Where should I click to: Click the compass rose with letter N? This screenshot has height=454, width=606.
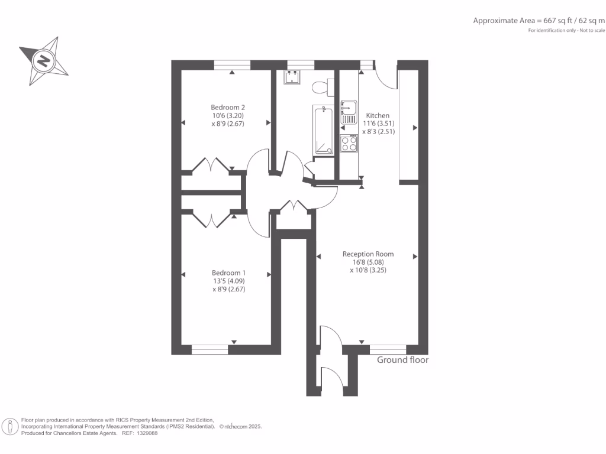tap(43, 60)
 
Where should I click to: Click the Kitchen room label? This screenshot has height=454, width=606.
tap(378, 115)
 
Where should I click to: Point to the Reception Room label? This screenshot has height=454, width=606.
tap(368, 254)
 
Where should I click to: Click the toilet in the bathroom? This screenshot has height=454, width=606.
tap(320, 87)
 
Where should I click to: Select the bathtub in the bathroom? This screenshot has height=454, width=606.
tap(323, 131)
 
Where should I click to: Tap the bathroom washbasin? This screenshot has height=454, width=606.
tap(292, 77)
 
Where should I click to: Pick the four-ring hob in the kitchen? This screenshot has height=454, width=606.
tap(349, 144)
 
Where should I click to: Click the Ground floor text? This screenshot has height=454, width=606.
tap(402, 359)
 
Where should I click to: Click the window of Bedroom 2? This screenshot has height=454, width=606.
tap(232, 64)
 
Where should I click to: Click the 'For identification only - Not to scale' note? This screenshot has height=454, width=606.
tap(566, 30)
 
